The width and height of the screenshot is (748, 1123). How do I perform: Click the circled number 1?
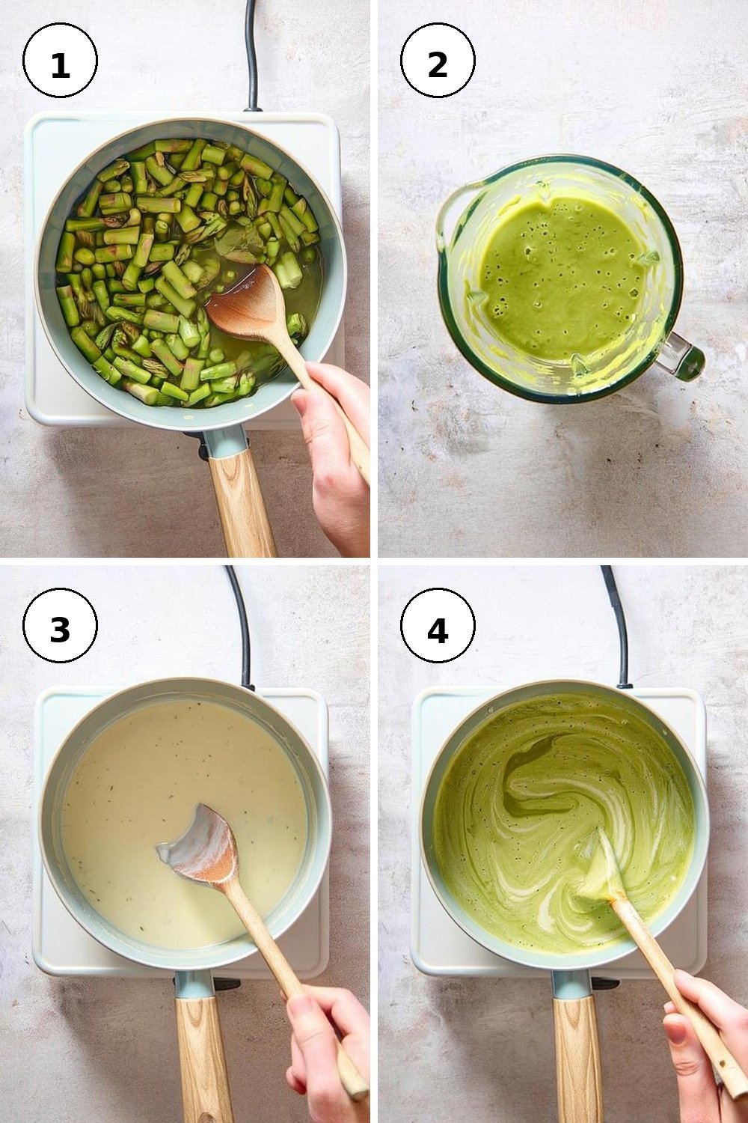coord(60,60)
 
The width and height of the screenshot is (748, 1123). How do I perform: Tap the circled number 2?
coord(438,60)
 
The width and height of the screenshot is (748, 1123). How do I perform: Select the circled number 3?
coord(60,626)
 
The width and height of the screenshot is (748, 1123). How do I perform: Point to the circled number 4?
coord(438,626)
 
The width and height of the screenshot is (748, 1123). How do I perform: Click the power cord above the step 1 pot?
coord(252,55)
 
